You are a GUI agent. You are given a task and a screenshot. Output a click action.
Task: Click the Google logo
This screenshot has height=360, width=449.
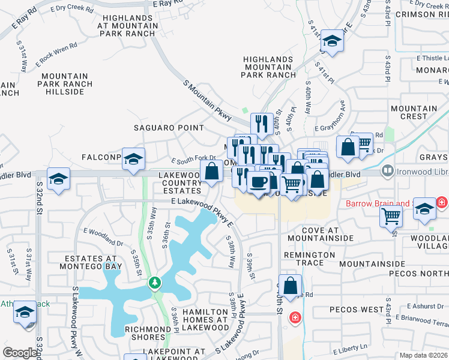click(20, 353)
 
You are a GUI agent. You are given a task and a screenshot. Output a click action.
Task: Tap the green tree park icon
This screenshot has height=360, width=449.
click(155, 282)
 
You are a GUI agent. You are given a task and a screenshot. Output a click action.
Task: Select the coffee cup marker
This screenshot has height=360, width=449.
click(259, 182)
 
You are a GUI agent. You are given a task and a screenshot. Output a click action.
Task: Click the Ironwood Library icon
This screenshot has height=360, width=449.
click(388, 172)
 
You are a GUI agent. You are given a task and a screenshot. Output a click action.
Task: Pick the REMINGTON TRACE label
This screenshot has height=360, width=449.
click(309, 259)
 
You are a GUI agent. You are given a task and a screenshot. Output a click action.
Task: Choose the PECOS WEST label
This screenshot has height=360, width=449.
click(357, 310)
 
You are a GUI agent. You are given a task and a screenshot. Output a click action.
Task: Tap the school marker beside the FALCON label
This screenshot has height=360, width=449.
click(133, 159)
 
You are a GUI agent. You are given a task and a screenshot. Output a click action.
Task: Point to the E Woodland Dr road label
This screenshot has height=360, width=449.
click(103, 237)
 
